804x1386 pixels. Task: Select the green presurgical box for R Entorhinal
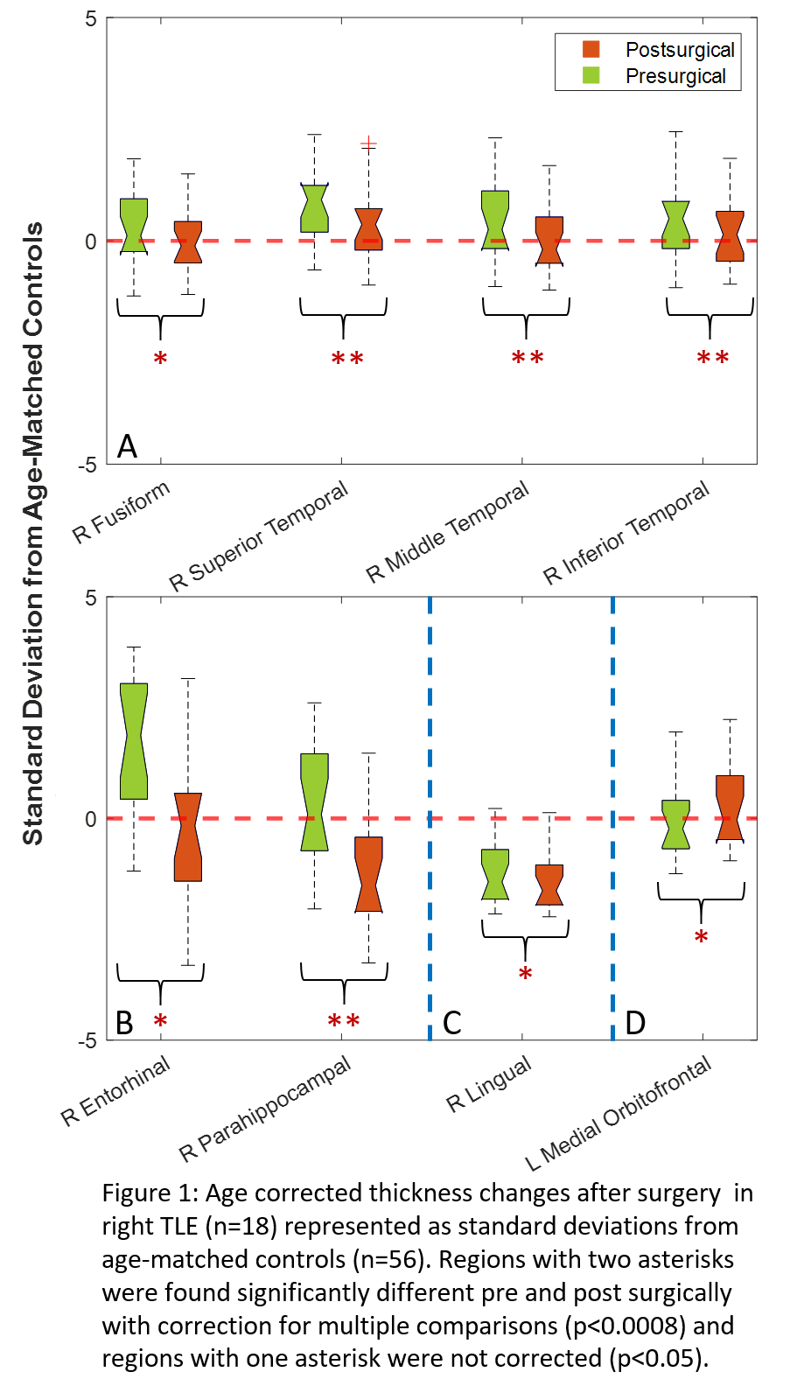(134, 740)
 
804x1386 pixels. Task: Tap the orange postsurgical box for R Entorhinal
(187, 836)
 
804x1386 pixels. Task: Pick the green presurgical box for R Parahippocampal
(314, 801)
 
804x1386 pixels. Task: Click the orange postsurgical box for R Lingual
(549, 885)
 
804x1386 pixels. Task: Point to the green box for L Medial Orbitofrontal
(675, 824)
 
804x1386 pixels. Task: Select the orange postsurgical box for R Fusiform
(187, 242)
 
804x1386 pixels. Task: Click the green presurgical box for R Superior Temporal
(314, 208)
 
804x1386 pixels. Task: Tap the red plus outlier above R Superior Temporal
(368, 143)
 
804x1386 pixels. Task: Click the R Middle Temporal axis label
(447, 531)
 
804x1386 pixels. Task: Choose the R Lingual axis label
(489, 1084)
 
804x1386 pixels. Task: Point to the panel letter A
(128, 446)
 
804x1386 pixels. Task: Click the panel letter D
(635, 1022)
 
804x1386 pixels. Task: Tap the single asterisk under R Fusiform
(160, 359)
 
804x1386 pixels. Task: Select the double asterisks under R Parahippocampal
(344, 1021)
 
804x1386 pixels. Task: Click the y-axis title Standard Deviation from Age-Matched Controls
(32, 533)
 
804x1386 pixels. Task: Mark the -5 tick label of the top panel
(87, 465)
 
